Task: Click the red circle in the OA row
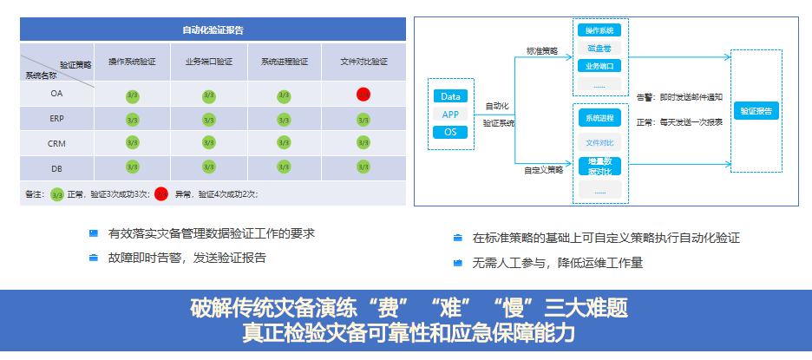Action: pyautogui.click(x=363, y=94)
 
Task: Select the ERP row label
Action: pyautogui.click(x=56, y=119)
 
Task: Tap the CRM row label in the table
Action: pyautogui.click(x=56, y=143)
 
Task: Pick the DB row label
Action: pyautogui.click(x=56, y=168)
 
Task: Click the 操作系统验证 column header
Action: pyautogui.click(x=133, y=62)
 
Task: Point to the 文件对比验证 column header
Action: pyautogui.click(x=363, y=62)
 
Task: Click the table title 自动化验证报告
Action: pyautogui.click(x=213, y=29)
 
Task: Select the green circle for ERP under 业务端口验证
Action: pyautogui.click(x=208, y=119)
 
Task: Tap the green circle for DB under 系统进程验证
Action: pyautogui.click(x=284, y=168)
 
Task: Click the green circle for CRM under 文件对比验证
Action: pyautogui.click(x=363, y=143)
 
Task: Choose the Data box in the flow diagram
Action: pyautogui.click(x=450, y=96)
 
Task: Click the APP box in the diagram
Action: pyautogui.click(x=450, y=115)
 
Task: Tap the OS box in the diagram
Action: pyautogui.click(x=450, y=132)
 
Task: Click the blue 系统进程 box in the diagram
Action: pyautogui.click(x=599, y=118)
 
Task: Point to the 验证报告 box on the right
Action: pyautogui.click(x=756, y=111)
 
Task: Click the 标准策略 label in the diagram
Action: pyautogui.click(x=542, y=51)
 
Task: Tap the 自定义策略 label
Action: pyautogui.click(x=543, y=170)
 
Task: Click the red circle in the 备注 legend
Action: pyautogui.click(x=161, y=194)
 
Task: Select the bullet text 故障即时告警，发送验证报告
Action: pyautogui.click(x=187, y=258)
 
